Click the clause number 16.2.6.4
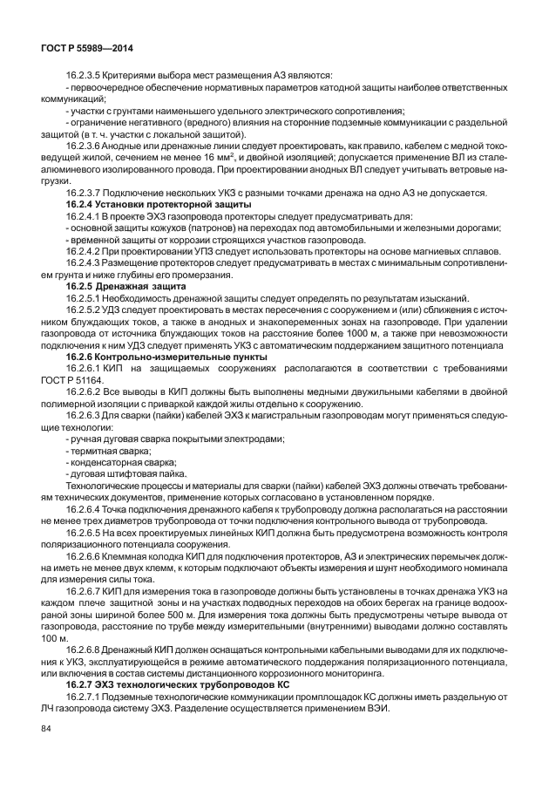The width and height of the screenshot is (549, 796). pos(85,508)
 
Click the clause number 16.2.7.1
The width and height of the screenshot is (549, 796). pos(85,698)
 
